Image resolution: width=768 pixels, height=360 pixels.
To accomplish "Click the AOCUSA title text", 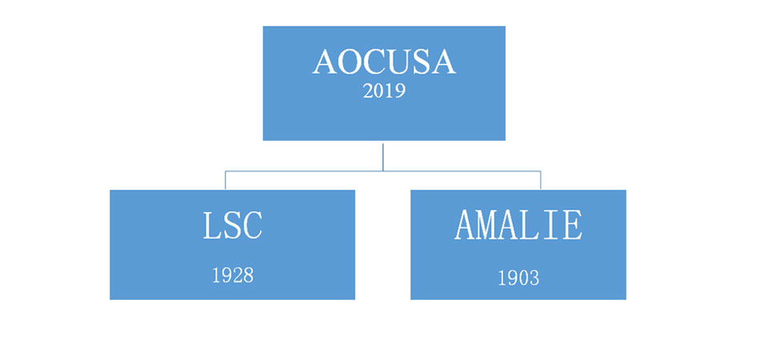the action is [385, 62].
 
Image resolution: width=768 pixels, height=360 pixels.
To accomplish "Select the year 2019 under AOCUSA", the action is [385, 91].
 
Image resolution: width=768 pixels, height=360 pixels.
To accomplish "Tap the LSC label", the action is [233, 226].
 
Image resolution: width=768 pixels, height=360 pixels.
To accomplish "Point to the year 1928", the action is [233, 276].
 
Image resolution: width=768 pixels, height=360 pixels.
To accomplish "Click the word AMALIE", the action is [518, 226].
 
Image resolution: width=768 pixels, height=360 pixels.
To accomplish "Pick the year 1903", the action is [518, 278].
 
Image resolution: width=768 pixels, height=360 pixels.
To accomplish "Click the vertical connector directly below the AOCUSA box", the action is [382, 156].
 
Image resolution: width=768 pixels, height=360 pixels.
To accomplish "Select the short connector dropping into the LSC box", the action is [226, 180].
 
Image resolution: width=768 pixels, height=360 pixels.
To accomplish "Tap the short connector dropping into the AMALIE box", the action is [541, 180].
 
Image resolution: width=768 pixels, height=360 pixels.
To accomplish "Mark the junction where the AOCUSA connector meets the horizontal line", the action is [382, 171].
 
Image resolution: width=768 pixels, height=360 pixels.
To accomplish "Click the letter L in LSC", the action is [210, 226].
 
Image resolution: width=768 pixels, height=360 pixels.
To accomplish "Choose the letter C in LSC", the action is [253, 226].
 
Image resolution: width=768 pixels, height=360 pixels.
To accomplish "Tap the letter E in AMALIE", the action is [573, 226].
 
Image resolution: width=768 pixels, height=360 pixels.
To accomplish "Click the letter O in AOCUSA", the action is [350, 62].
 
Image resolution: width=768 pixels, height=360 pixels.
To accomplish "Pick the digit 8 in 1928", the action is [248, 276].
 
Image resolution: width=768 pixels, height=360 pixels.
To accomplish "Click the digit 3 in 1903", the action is [534, 278].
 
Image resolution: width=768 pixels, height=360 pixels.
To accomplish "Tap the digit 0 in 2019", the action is [379, 91].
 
